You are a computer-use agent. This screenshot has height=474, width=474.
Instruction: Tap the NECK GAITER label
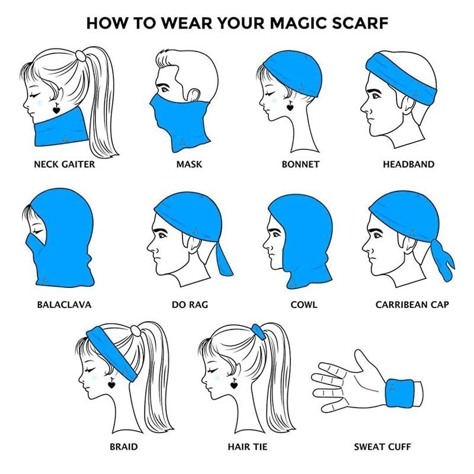pos(65,165)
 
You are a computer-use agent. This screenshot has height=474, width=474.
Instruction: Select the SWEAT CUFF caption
pos(382,447)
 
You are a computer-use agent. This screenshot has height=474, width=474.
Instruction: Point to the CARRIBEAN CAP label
pos(412,305)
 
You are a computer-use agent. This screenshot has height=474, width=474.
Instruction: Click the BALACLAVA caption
pos(64,305)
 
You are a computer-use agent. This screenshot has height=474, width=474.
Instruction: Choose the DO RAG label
pos(190,305)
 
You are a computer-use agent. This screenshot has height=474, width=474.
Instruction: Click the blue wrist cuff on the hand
pos(399,392)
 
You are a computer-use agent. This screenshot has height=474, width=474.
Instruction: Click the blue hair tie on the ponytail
pos(258,332)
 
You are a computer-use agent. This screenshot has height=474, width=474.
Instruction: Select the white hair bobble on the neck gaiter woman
pos(81,56)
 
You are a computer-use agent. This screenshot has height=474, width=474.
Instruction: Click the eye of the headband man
pos(376,96)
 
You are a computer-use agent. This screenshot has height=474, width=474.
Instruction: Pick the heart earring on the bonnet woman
pos(290,106)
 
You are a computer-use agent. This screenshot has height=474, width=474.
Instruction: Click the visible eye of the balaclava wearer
pos(38,232)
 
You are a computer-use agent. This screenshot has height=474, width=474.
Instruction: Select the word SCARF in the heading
pos(360,23)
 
